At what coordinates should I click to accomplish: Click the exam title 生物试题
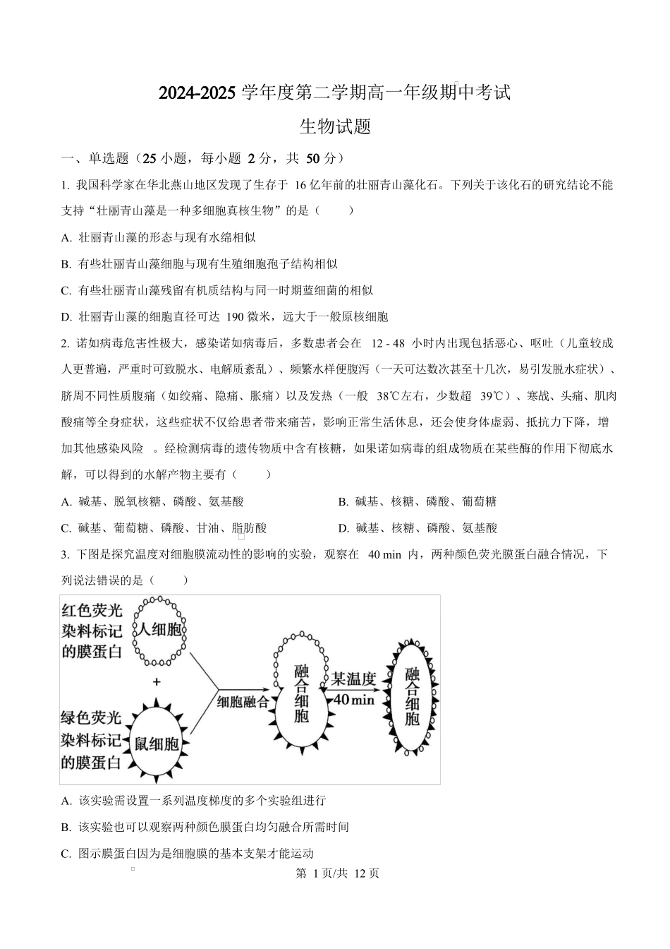pos(335,127)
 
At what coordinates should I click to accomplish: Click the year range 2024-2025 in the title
pos(197,92)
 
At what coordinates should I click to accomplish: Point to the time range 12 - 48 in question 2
pos(387,343)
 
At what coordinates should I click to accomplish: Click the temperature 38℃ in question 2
pos(392,396)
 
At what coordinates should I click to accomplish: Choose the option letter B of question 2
pos(343,501)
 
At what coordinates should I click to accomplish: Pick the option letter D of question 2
pos(343,527)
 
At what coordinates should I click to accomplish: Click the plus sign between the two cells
pos(156,682)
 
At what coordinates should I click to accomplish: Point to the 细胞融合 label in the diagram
pos(243,701)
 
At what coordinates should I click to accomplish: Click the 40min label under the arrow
pos(353,699)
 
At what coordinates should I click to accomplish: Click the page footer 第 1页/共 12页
pos(336,873)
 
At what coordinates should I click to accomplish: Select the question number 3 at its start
pos(65,554)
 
